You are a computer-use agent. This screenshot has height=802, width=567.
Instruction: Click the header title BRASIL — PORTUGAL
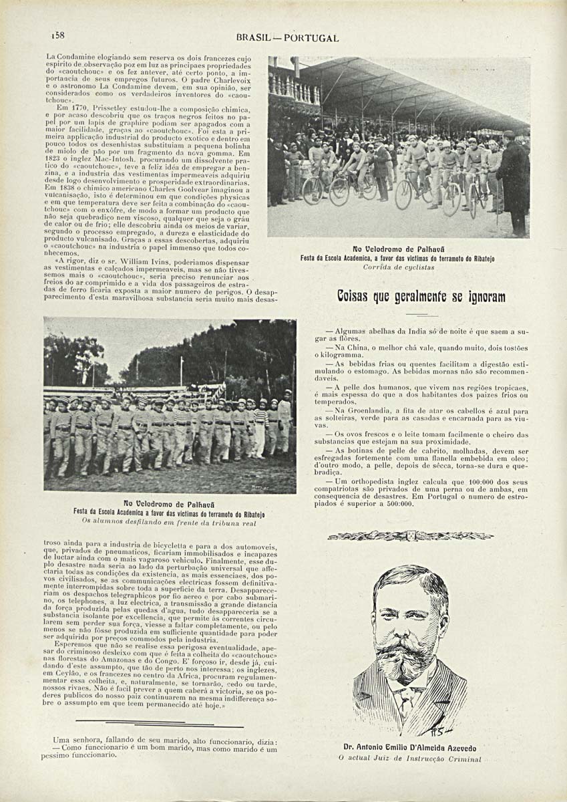[287, 38]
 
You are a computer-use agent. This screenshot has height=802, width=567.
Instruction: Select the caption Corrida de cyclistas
[399, 267]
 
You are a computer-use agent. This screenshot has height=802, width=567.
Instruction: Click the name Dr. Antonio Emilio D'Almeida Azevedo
[409, 748]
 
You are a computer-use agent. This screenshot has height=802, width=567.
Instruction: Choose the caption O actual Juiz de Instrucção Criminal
[409, 759]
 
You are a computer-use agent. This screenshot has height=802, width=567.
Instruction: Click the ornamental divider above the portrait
[410, 535]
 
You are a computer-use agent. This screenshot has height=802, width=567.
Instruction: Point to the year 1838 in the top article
[63, 189]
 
